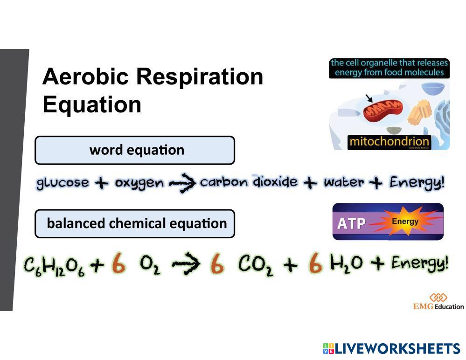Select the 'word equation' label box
click(135, 150)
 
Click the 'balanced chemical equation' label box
click(135, 223)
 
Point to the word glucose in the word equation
click(63, 182)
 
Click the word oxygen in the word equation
click(139, 182)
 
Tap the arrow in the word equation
click(182, 183)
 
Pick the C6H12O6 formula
click(55, 266)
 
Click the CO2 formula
click(256, 265)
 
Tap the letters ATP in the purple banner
click(351, 223)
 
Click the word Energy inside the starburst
click(405, 221)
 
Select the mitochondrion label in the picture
click(389, 142)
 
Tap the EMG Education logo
click(438, 302)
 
